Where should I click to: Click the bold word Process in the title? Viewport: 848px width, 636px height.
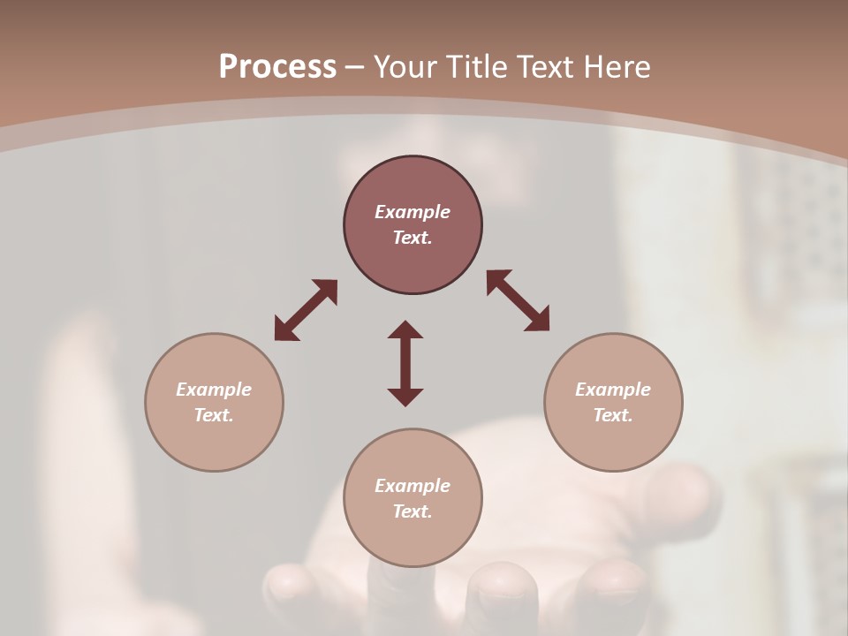pos(277,67)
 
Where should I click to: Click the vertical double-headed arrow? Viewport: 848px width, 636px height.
pos(405,363)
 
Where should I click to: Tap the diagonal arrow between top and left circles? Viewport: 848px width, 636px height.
pos(306,310)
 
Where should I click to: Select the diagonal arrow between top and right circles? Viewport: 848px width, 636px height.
pos(518,300)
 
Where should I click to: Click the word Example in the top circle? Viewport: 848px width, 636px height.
pos(413,212)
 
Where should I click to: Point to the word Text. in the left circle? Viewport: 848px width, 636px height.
pos(214,415)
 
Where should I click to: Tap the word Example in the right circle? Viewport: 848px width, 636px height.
pos(613,390)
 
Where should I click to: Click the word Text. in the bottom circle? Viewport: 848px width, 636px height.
pos(413,511)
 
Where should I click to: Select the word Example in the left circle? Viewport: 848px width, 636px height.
pos(214,390)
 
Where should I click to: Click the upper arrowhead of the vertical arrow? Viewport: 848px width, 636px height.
pos(405,329)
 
